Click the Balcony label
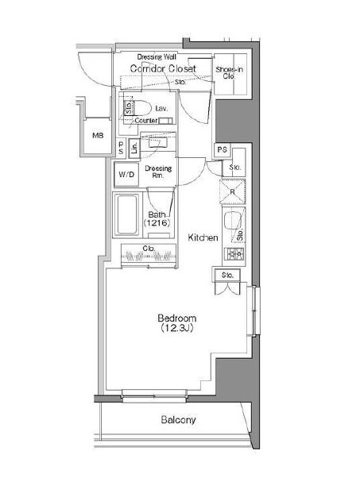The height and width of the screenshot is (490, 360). click(178, 420)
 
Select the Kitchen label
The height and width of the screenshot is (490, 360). click(203, 237)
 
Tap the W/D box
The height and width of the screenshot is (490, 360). click(126, 174)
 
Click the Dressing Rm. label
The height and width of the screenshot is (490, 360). click(158, 172)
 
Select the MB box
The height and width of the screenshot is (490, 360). click(98, 136)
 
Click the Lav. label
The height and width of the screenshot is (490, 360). click(161, 107)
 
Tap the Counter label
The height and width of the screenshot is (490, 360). click(145, 121)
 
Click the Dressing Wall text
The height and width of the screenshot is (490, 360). click(157, 57)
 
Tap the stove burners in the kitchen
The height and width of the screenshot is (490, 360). click(235, 254)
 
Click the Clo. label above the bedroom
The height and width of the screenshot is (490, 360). click(148, 249)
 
